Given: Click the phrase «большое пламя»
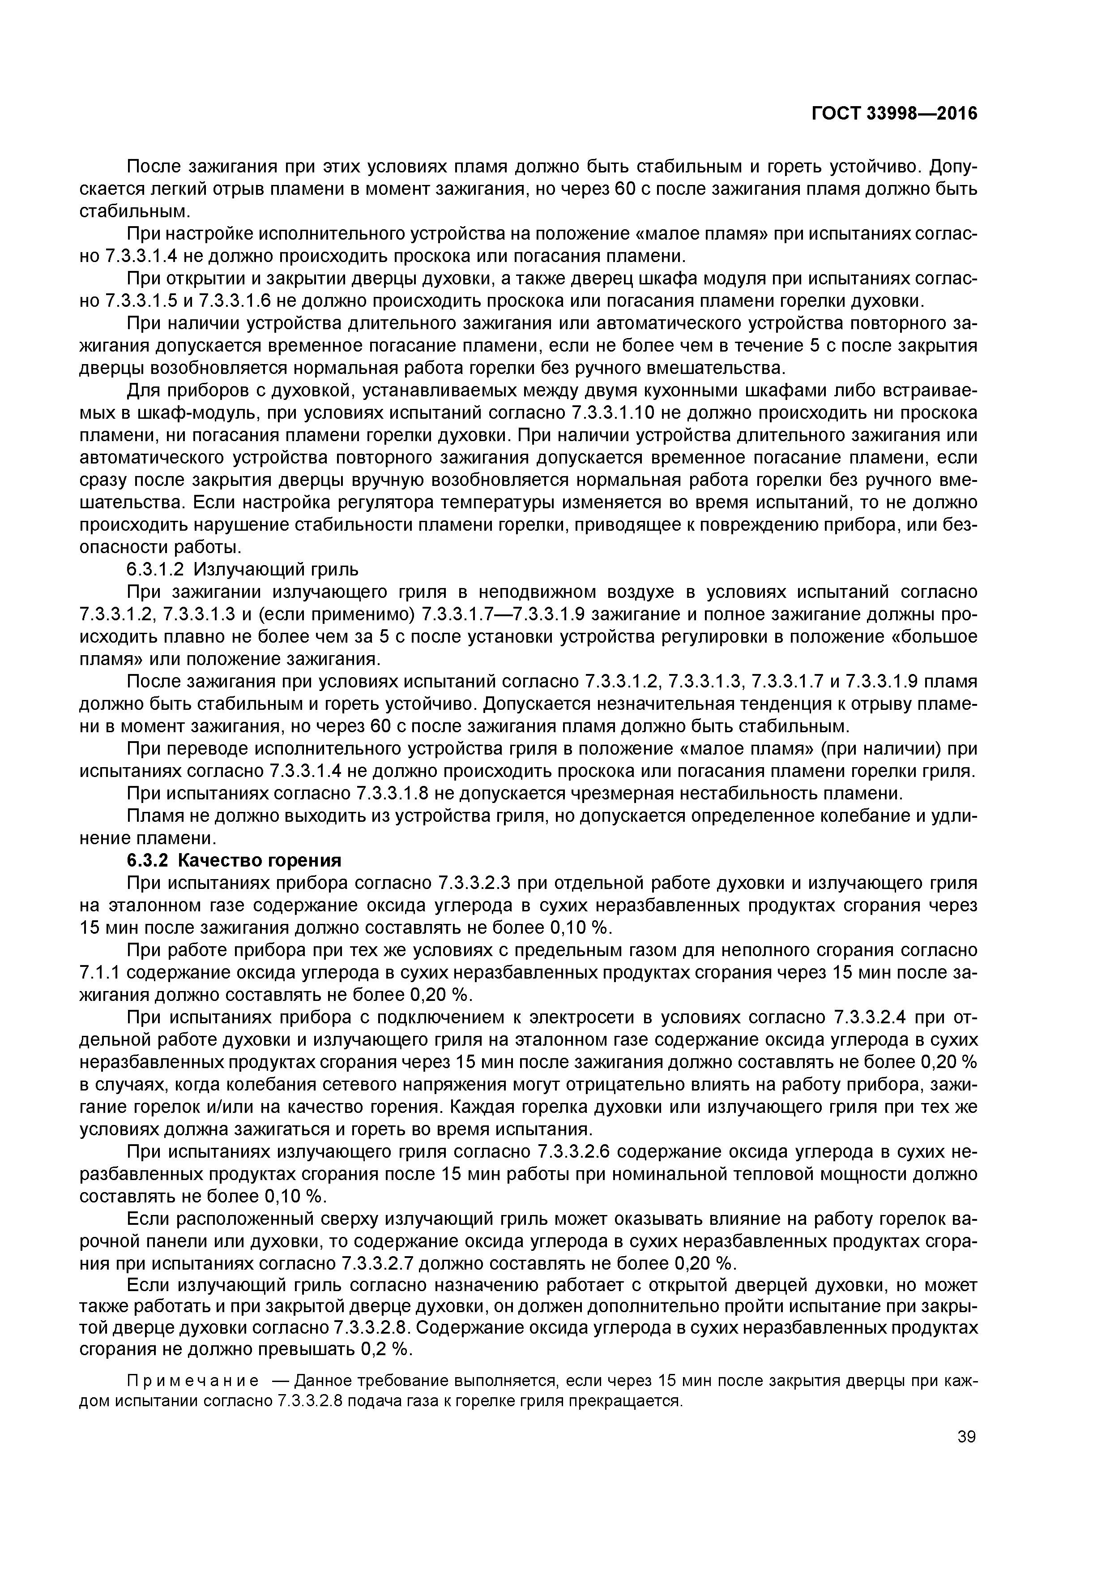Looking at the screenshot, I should pyautogui.click(x=934, y=637).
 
